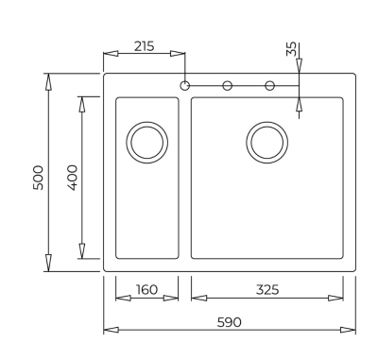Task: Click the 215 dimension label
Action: [143, 45]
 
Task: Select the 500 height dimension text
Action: [39, 177]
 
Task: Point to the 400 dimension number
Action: [73, 177]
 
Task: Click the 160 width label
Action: [146, 289]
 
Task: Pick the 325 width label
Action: [267, 289]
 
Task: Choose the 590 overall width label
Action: [230, 322]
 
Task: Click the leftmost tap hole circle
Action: [184, 86]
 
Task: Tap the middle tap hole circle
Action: [227, 86]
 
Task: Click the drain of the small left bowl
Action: [146, 143]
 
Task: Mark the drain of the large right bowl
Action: [265, 143]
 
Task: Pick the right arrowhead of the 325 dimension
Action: [348, 298]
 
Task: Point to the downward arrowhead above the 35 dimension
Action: [300, 66]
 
